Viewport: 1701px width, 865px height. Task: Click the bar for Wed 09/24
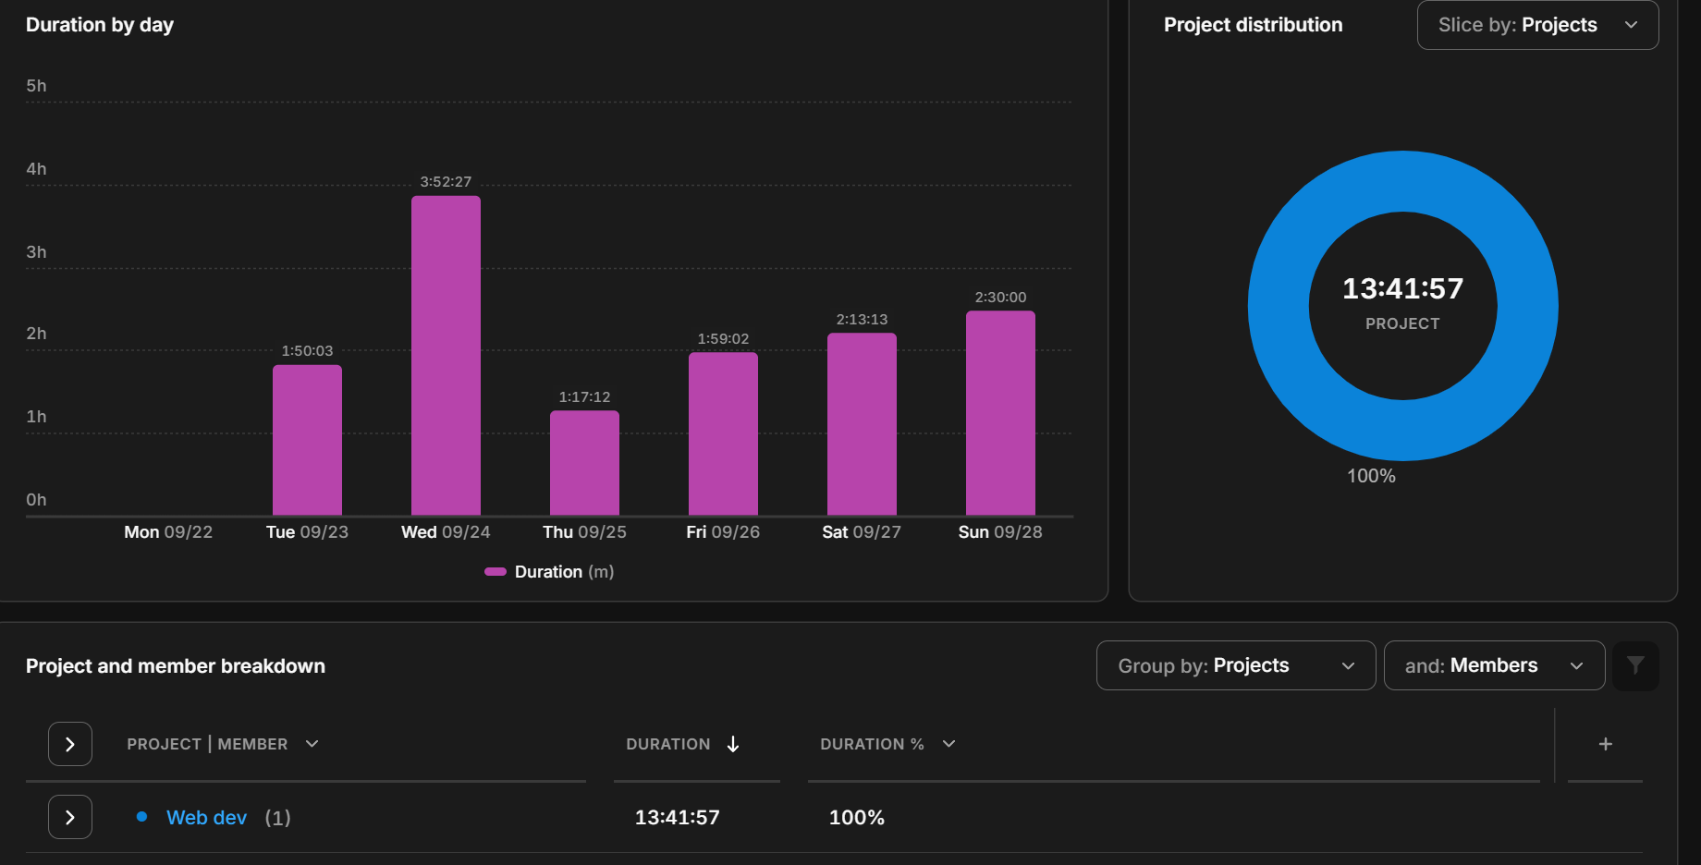(446, 356)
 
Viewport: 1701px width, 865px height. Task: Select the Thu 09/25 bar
(584, 463)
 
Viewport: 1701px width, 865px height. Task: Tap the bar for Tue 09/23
(307, 440)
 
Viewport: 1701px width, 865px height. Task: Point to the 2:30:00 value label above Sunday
(1000, 298)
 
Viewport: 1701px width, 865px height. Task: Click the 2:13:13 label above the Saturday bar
(862, 320)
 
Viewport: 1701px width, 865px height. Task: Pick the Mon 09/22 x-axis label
(168, 532)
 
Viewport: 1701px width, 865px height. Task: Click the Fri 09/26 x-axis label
(723, 532)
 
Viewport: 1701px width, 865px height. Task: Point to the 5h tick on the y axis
(36, 86)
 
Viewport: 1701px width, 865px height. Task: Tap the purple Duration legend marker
(496, 572)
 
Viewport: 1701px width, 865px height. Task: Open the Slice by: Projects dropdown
(1537, 25)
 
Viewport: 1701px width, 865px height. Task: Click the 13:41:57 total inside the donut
(1402, 289)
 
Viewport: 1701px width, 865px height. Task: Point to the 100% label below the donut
(1371, 476)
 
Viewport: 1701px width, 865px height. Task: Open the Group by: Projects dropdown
(1235, 665)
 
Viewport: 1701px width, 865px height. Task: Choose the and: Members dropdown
(1494, 665)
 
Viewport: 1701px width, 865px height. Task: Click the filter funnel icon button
(1635, 665)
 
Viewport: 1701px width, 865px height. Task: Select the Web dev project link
(206, 818)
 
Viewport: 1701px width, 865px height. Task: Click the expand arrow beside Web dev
(70, 818)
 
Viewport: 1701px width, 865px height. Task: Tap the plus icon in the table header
(1606, 744)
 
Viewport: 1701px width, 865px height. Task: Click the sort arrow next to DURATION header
(733, 744)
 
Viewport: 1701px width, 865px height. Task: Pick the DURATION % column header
(872, 744)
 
